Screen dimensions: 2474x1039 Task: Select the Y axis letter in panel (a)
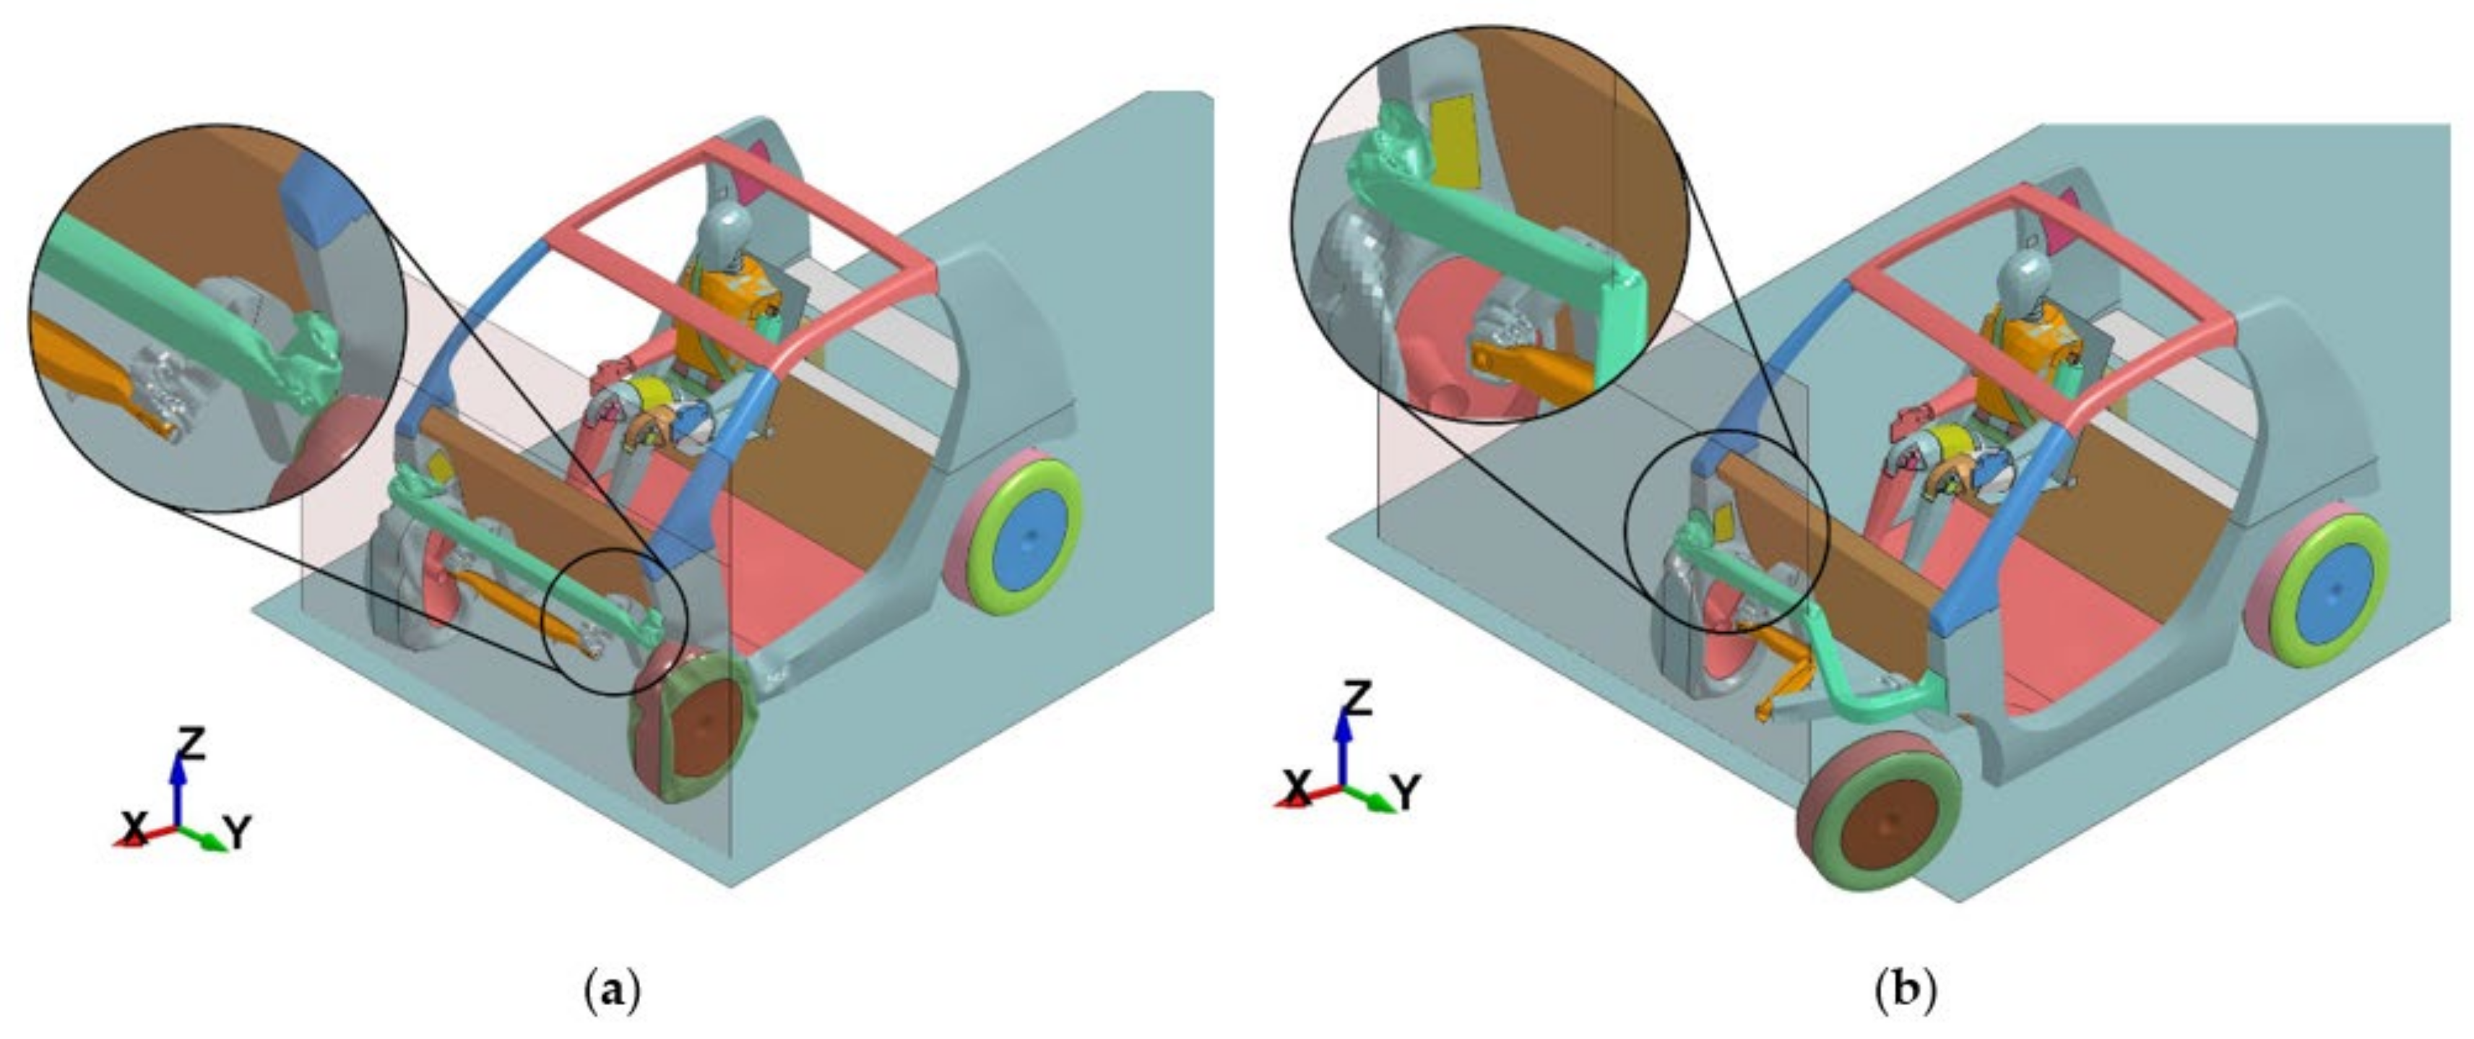coord(236,832)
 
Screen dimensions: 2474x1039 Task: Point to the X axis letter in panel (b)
coord(1297,789)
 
